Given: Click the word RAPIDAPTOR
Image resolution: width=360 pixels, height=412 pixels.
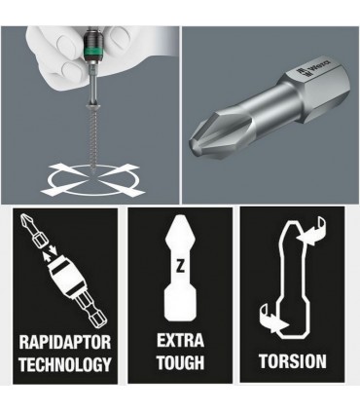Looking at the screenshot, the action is pyautogui.click(x=65, y=342).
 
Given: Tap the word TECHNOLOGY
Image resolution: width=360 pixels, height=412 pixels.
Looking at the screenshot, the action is pyautogui.click(x=65, y=364).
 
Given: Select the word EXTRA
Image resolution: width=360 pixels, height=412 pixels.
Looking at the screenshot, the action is pyautogui.click(x=180, y=341).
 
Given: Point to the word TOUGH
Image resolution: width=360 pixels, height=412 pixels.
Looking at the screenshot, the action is pyautogui.click(x=181, y=362).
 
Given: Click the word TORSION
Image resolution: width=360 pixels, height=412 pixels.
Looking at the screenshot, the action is pyautogui.click(x=293, y=361).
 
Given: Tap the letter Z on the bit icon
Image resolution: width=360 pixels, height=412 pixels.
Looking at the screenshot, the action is pyautogui.click(x=180, y=267).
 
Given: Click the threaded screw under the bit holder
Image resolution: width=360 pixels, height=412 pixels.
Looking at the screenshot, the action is pyautogui.click(x=91, y=138).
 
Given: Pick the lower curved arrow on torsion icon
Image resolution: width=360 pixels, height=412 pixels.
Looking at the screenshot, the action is pyautogui.click(x=273, y=319).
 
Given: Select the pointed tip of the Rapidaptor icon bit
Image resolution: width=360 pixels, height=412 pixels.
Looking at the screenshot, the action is pyautogui.click(x=23, y=217).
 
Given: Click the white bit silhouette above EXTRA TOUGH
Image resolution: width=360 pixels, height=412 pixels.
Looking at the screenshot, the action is pyautogui.click(x=180, y=267).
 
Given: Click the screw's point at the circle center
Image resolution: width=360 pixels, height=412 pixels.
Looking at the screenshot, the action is pyautogui.click(x=93, y=174).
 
